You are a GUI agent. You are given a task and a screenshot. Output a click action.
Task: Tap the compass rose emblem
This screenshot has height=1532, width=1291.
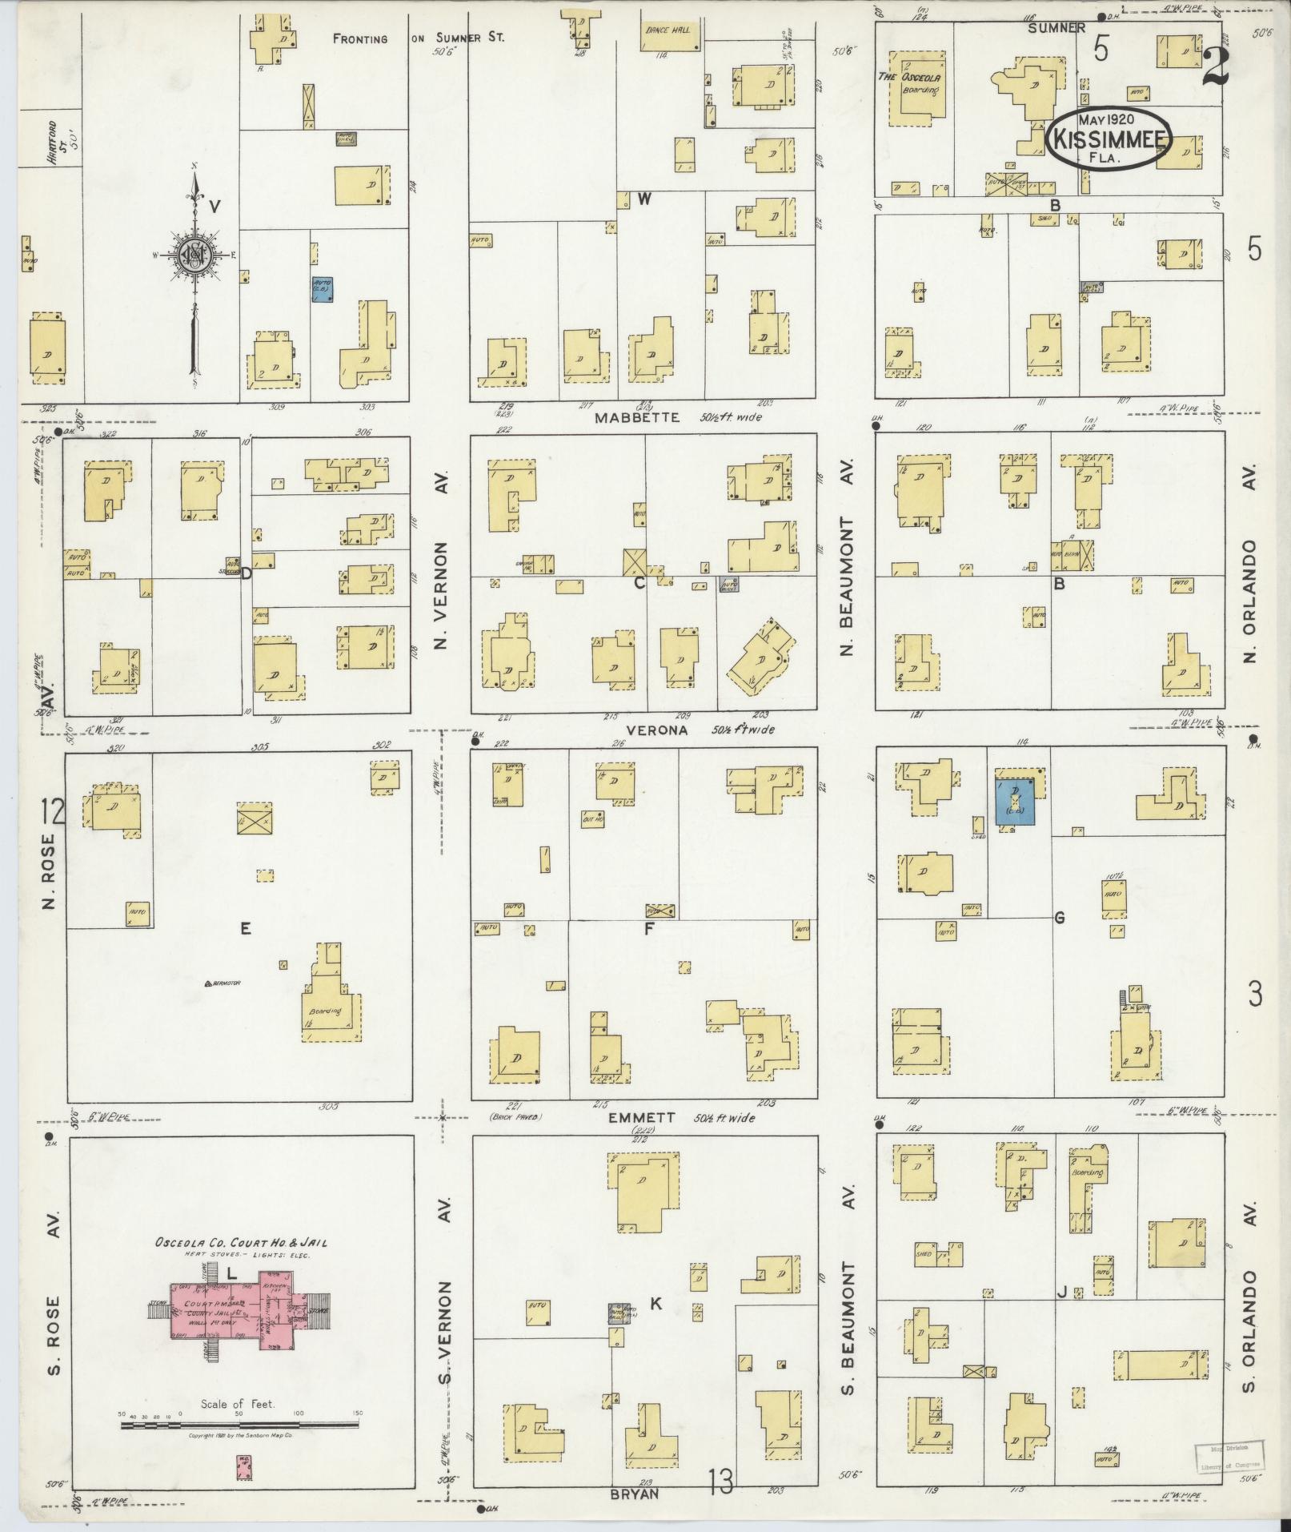[194, 254]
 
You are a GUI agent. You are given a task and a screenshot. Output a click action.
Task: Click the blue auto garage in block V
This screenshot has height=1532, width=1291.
[322, 289]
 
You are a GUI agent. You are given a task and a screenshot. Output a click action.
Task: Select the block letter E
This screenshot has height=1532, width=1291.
[246, 928]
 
